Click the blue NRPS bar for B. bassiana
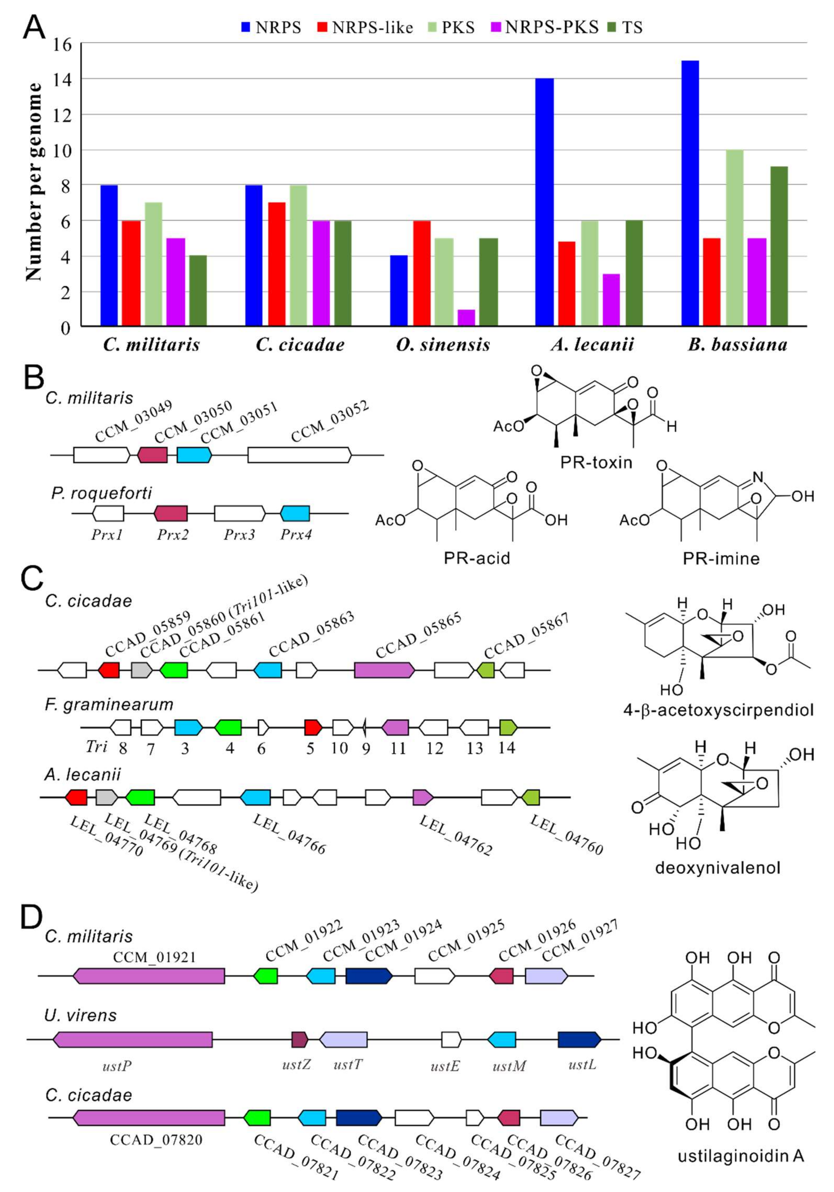coord(690,193)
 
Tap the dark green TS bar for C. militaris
coord(198,291)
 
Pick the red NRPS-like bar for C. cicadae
coord(277,264)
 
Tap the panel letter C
coord(32,578)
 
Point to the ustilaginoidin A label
coord(740,1156)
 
